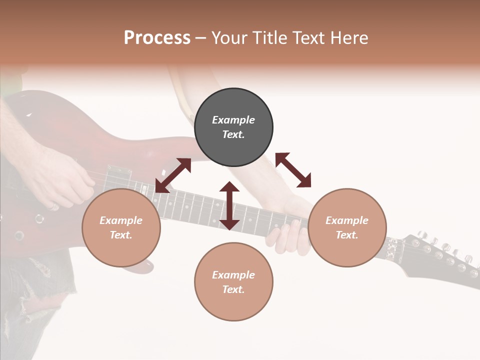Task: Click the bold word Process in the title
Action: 157,38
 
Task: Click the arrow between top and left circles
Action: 173,175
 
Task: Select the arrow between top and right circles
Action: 293,170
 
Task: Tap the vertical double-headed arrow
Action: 229,205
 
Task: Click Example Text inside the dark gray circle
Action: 233,127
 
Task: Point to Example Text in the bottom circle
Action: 233,282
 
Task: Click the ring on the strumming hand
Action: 53,206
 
